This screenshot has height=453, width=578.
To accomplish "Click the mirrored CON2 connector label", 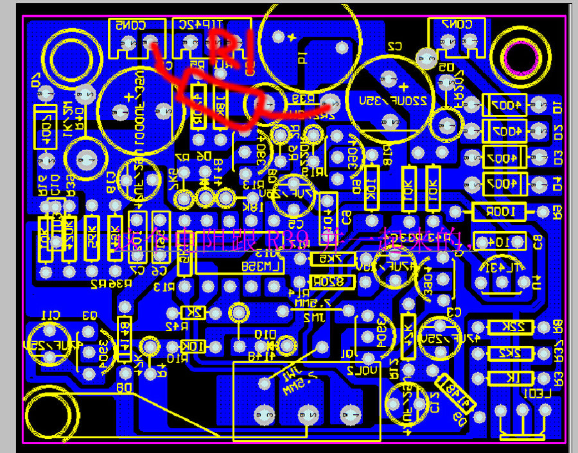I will click(457, 24).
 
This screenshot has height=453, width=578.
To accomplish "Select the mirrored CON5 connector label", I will click(131, 25).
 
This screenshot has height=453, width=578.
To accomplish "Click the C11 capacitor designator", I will click(49, 314).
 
